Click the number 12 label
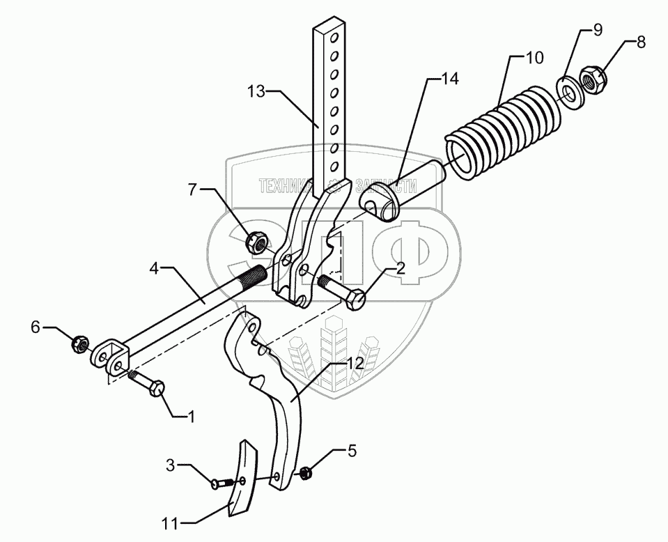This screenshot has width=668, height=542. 356,363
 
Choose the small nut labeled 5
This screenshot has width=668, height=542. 305,474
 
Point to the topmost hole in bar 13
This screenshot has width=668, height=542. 335,35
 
